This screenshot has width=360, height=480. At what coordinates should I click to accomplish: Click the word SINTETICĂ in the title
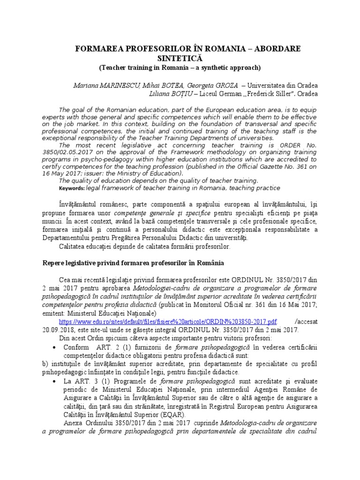tap(180, 58)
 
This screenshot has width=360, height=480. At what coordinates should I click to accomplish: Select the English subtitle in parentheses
tap(179, 67)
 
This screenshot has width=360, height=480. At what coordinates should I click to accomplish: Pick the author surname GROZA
tap(223, 86)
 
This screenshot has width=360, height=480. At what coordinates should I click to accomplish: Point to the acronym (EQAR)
tap(172, 415)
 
